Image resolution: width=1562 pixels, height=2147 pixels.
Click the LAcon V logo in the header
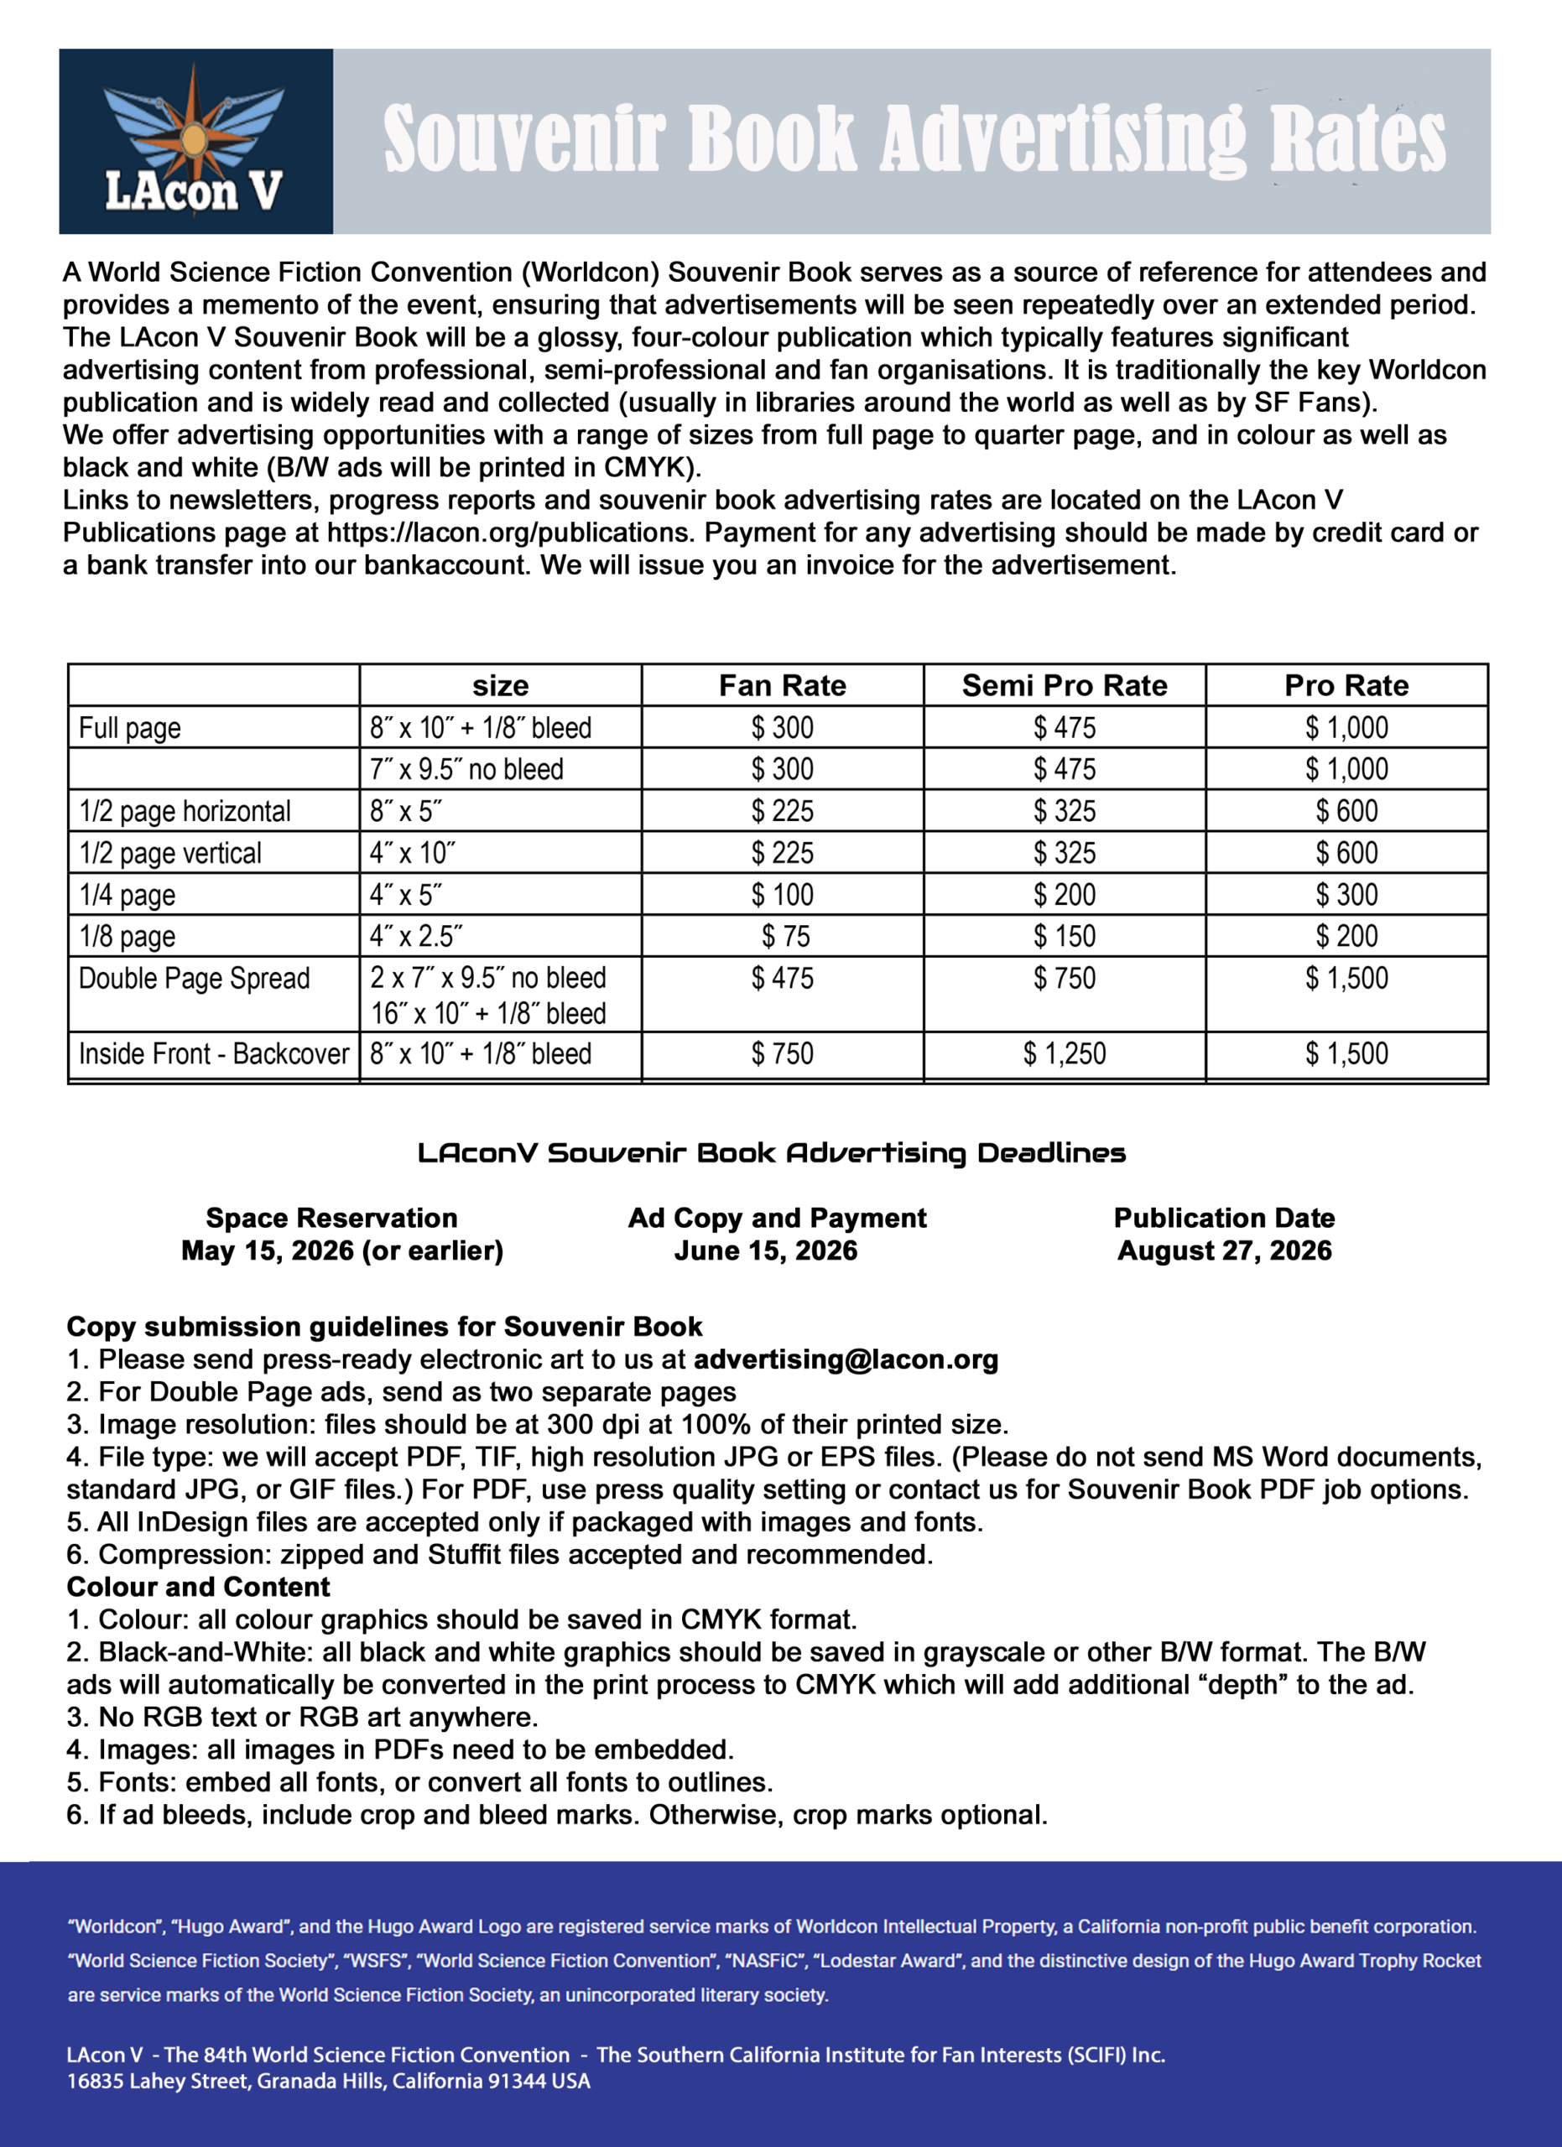point(195,142)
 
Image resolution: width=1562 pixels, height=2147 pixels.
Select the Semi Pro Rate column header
point(1064,685)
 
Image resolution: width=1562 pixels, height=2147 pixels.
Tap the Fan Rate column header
point(782,685)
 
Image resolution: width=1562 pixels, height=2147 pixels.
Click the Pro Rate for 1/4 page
point(1346,895)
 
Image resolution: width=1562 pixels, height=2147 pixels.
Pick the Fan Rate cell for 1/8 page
point(786,936)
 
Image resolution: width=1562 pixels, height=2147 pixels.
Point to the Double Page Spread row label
point(194,978)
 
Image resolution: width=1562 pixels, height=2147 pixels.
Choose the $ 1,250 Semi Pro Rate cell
point(1064,1053)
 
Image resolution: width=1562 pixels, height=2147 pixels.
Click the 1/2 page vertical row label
point(170,853)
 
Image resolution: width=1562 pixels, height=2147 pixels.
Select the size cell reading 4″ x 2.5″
point(417,936)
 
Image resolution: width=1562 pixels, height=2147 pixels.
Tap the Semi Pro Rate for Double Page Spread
point(1064,978)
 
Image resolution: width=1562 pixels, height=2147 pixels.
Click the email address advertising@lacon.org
point(846,1359)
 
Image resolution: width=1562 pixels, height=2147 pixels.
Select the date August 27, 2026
point(1224,1250)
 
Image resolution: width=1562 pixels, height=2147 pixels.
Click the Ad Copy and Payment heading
point(777,1219)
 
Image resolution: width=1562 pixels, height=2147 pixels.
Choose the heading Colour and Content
point(198,1587)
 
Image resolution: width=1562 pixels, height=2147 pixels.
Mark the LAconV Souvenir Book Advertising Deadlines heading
point(772,1153)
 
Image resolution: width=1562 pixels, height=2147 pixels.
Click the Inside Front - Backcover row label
point(214,1053)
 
